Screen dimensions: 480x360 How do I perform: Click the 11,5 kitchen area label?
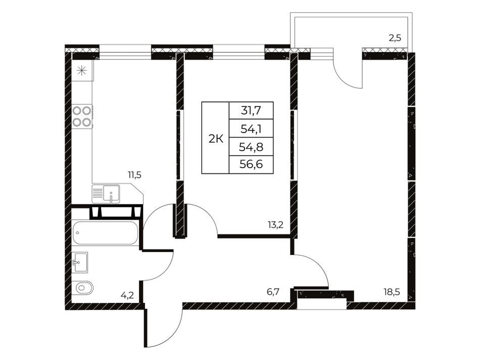tap(134, 175)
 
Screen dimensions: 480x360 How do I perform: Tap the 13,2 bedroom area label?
tap(275, 225)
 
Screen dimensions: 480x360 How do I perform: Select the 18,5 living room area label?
tap(392, 292)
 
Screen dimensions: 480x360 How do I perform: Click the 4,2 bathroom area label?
tap(127, 296)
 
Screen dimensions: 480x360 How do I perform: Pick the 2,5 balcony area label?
tap(395, 38)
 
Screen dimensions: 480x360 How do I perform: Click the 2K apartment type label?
tap(216, 139)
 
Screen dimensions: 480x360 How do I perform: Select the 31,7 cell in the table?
tap(251, 111)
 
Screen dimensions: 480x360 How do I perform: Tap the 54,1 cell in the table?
tap(251, 128)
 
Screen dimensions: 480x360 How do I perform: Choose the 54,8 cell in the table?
tap(251, 146)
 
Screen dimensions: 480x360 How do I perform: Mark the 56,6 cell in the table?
tap(251, 165)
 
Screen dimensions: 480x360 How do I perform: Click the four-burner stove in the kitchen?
tap(82, 117)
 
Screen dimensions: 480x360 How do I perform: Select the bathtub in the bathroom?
tap(105, 233)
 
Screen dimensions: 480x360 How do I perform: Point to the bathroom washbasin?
tap(80, 263)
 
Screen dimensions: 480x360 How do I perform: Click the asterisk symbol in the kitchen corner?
tap(82, 71)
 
